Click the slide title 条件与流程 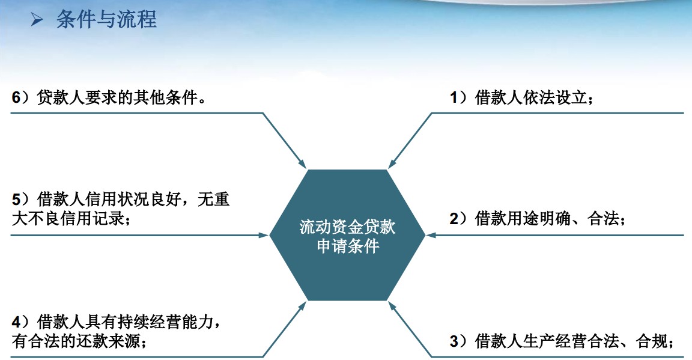[x=106, y=20]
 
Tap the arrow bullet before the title [x=37, y=20]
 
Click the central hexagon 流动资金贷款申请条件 [x=347, y=235]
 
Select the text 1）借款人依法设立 [x=521, y=97]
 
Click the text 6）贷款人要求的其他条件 [x=109, y=97]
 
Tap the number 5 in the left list [x=16, y=200]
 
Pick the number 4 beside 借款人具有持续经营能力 [x=16, y=322]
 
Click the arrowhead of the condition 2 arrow [x=430, y=235]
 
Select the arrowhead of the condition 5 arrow [x=264, y=235]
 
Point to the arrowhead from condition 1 [x=392, y=164]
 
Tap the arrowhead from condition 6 [x=302, y=164]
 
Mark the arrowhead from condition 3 [x=392, y=306]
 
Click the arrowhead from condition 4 [x=302, y=306]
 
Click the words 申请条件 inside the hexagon [x=348, y=246]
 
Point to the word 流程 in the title [x=141, y=20]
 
